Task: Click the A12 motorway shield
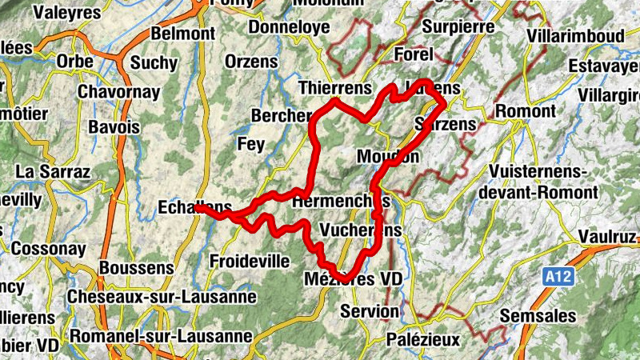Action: [x=559, y=277]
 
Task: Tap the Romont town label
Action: [x=525, y=110]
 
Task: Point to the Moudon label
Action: [x=389, y=156]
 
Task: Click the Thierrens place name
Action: [x=335, y=86]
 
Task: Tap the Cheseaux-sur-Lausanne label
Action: [x=162, y=297]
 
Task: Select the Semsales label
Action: [x=538, y=316]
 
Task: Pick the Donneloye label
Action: [x=290, y=27]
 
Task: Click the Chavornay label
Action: [x=118, y=92]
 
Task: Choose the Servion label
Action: [x=369, y=310]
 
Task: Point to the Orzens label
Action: [x=251, y=61]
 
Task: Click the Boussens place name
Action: [x=137, y=267]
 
